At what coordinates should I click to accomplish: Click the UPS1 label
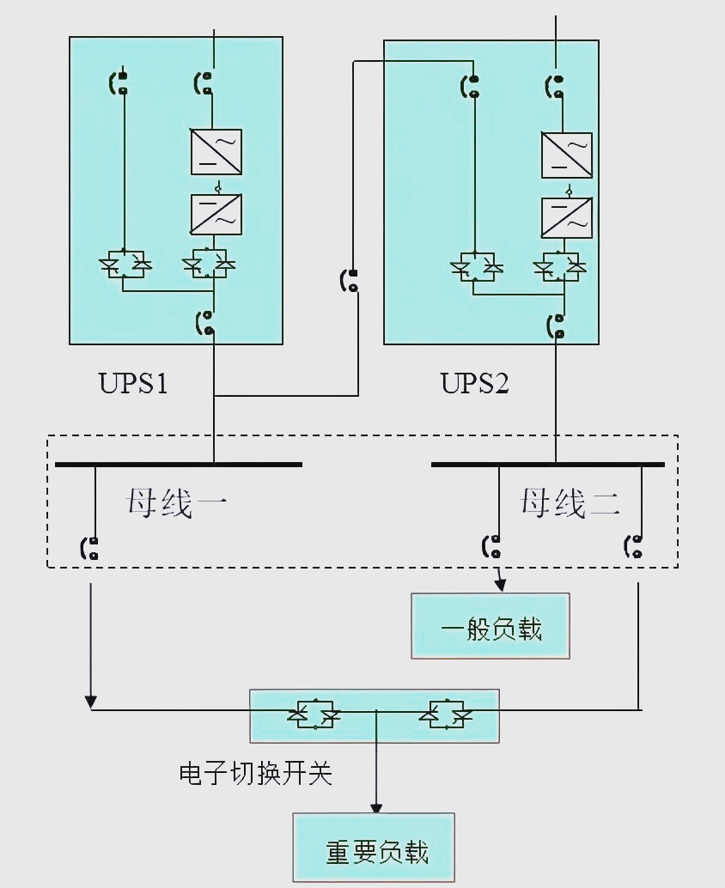click(133, 382)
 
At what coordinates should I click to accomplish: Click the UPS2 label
click(475, 382)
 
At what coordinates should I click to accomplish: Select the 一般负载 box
click(490, 626)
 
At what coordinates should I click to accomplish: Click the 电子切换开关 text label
click(255, 774)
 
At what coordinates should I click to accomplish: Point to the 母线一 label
click(176, 502)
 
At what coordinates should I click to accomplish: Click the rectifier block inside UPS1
click(216, 152)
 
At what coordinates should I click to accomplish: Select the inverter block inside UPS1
click(216, 215)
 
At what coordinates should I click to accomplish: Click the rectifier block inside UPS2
click(567, 155)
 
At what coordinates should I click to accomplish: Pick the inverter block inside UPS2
click(567, 217)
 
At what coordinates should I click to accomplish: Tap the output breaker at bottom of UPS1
click(207, 324)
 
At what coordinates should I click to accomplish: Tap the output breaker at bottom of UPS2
click(557, 326)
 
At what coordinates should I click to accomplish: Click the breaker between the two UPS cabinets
click(350, 281)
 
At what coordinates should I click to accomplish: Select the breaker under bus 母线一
click(90, 549)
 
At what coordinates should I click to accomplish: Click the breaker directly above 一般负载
click(493, 546)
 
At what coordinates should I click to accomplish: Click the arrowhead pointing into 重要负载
click(376, 808)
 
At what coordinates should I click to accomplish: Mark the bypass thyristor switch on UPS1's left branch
click(125, 264)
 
